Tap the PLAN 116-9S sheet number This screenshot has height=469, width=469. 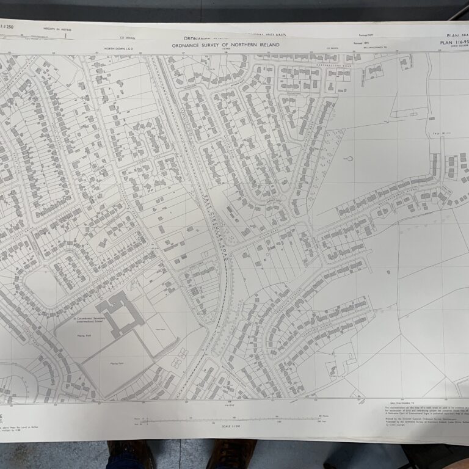coord(453,43)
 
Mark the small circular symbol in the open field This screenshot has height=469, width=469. coord(350,160)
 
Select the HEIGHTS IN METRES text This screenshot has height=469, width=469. coord(57,29)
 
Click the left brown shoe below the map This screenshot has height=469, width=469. coord(131,453)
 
